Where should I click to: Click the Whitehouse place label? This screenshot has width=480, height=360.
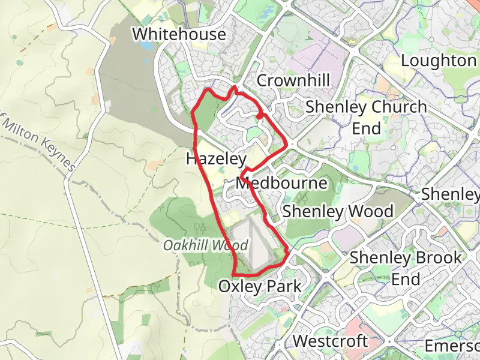coord(179,34)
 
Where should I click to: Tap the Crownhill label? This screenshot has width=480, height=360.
coord(293,80)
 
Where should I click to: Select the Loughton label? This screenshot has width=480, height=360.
coord(438,61)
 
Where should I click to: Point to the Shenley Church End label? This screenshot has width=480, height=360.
coord(366,118)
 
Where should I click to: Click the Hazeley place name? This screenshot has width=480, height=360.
coord(216,160)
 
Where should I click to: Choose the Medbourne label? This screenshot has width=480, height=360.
coord(282,184)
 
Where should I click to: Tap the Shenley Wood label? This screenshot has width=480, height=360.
coord(338,211)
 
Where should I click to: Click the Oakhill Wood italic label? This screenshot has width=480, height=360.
coord(206,246)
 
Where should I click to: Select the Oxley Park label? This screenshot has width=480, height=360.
coord(259,286)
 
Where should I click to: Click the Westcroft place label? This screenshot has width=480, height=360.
coord(330,341)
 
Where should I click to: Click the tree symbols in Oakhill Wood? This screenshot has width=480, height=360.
coord(201,227)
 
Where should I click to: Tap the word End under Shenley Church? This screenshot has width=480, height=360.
coord(366,129)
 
